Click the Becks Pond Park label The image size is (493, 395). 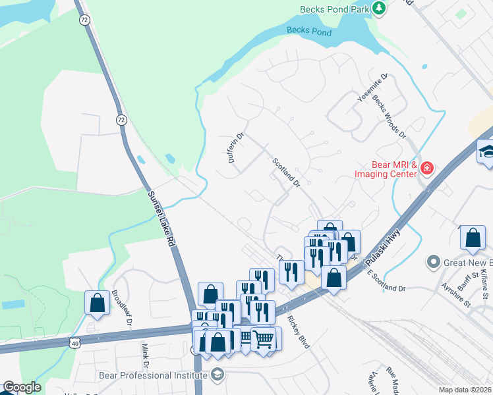point(335,9)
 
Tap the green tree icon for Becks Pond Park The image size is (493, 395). point(379,9)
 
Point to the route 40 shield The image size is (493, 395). point(75,342)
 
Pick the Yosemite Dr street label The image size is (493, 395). point(372,87)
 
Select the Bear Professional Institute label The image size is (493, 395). point(153,375)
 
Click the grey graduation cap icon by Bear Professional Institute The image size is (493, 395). point(216,375)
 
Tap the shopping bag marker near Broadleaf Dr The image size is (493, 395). point(97,302)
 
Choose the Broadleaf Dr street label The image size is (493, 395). point(122,308)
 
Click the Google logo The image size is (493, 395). point(21,388)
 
